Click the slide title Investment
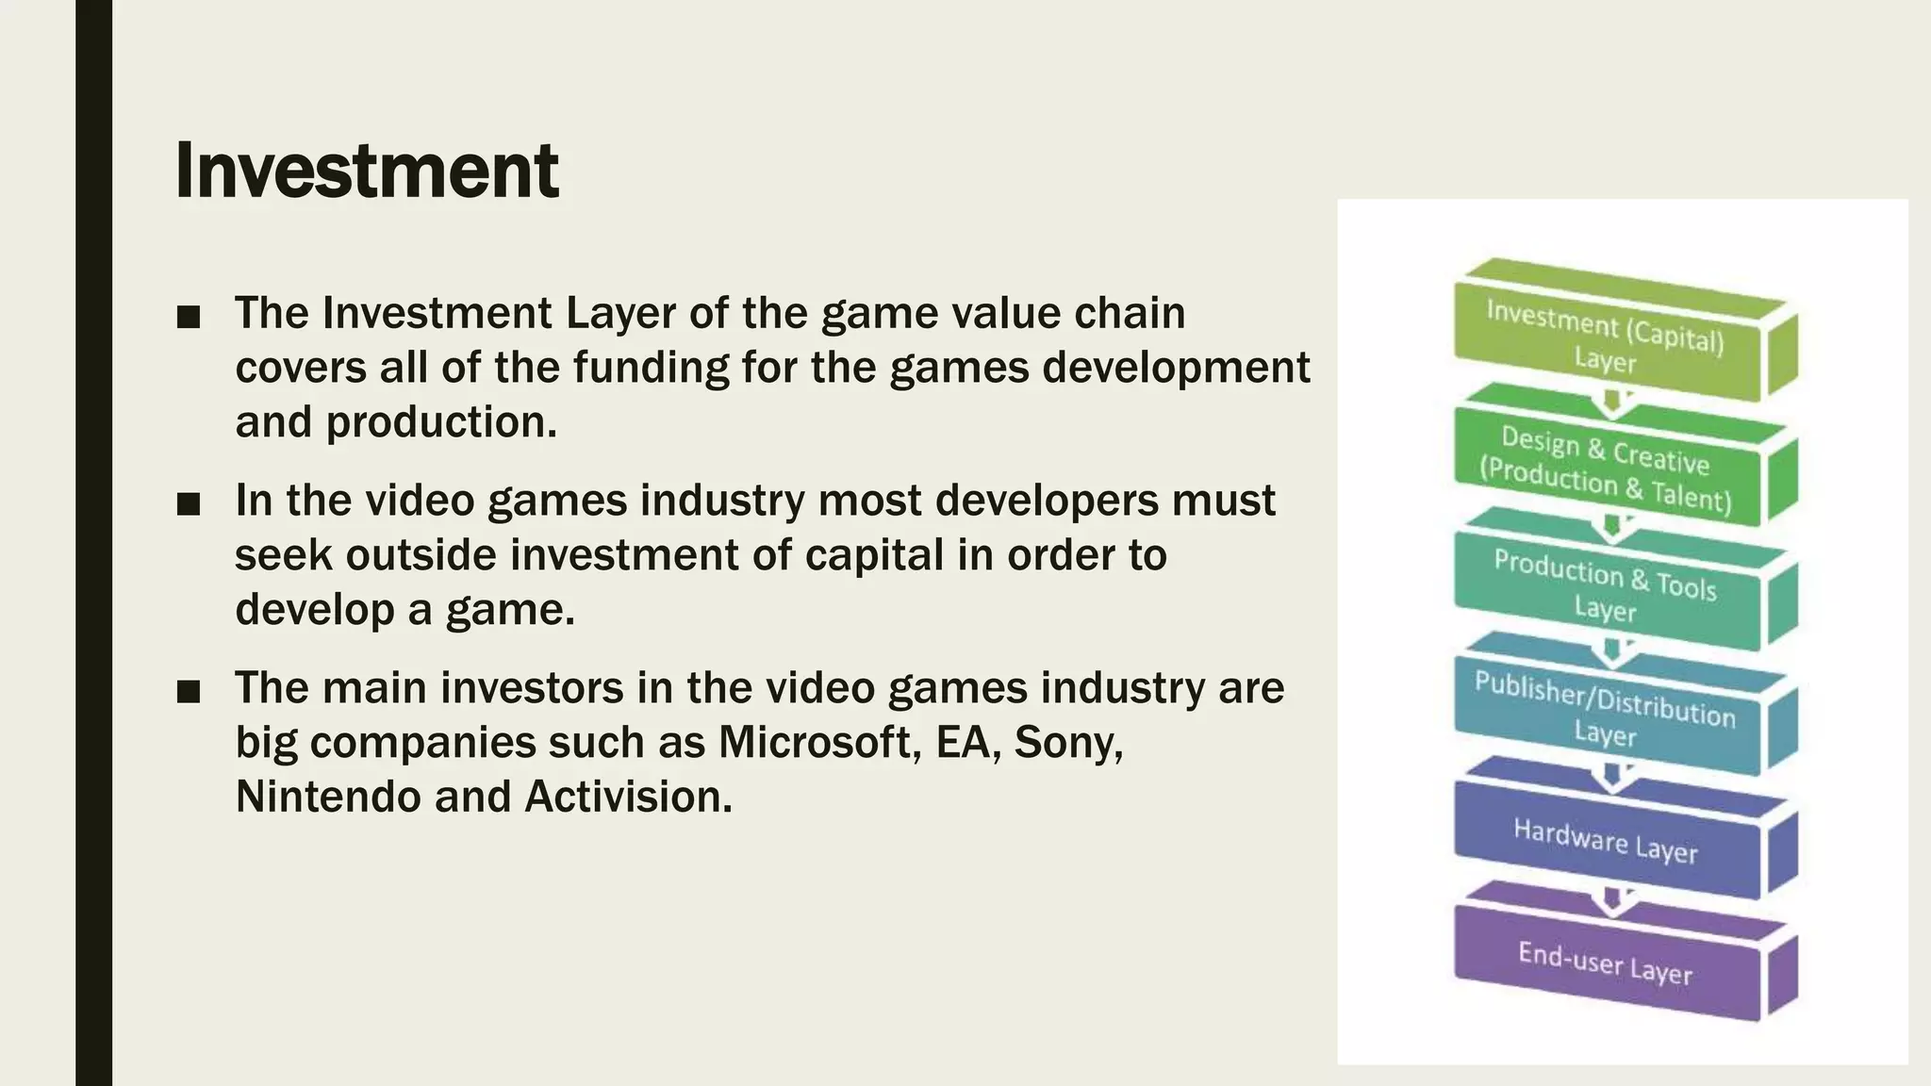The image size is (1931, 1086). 367,171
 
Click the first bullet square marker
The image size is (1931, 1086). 189,317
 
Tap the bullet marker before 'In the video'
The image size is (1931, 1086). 189,504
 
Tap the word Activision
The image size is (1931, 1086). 628,797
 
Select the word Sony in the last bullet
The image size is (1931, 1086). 1066,742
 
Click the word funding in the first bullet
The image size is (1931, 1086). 652,368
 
